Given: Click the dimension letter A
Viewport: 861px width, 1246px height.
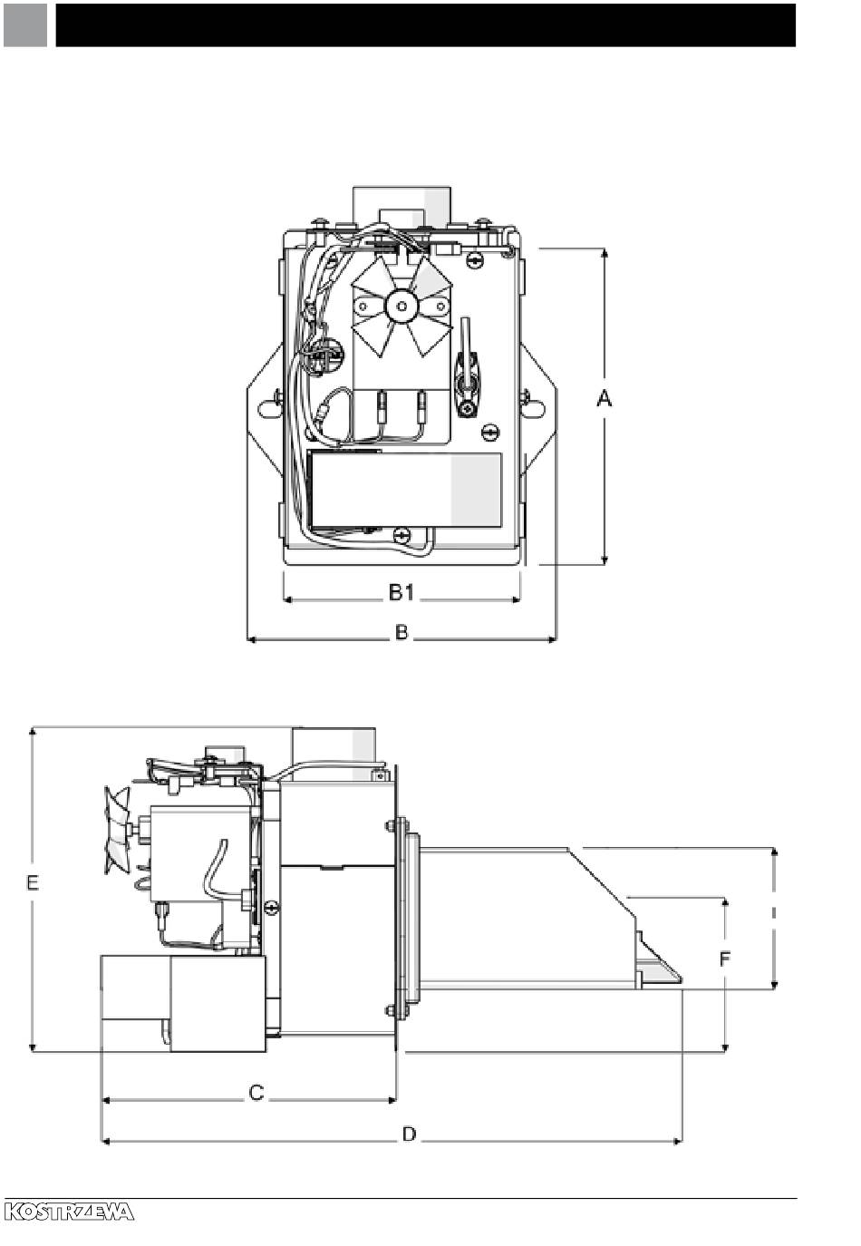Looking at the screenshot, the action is pyautogui.click(x=605, y=398).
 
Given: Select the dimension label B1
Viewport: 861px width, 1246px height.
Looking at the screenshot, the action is pyautogui.click(x=401, y=592).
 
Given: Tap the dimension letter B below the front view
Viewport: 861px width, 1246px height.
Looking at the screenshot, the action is pyautogui.click(x=401, y=632).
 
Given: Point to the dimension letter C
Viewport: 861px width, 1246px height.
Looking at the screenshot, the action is pyautogui.click(x=256, y=1093).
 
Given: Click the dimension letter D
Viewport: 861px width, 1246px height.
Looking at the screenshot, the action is pyautogui.click(x=409, y=1134).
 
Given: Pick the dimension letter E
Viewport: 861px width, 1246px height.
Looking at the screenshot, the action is pyautogui.click(x=33, y=882).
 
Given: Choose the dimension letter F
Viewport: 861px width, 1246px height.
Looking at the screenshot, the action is pyautogui.click(x=724, y=959).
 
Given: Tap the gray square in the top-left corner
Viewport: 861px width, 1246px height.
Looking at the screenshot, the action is pyautogui.click(x=25, y=25).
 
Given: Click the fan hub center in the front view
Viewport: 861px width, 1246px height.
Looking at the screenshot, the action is pyautogui.click(x=401, y=306).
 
